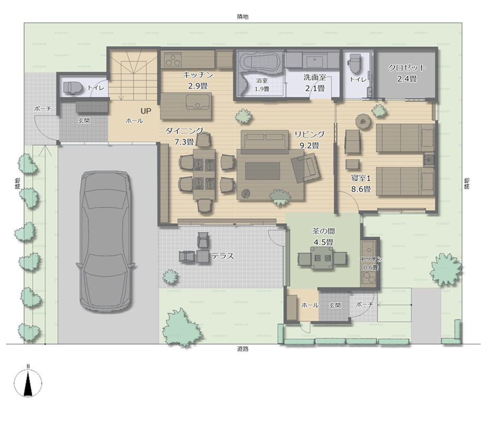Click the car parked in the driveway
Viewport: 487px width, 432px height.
click(x=105, y=241)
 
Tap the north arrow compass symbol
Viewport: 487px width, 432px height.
click(x=28, y=382)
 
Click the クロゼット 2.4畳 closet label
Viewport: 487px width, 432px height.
click(x=407, y=73)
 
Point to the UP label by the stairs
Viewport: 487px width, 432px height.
click(x=145, y=111)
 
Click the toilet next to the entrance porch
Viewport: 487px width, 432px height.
click(x=73, y=87)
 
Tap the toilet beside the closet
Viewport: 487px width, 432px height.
click(x=355, y=63)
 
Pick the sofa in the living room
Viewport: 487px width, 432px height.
click(x=265, y=142)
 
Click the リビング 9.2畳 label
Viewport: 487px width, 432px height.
click(x=309, y=139)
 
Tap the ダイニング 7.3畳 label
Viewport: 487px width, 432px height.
click(x=184, y=136)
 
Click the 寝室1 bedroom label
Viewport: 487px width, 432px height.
click(x=361, y=178)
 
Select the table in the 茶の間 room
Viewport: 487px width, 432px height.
click(x=322, y=258)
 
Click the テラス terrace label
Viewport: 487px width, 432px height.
click(x=222, y=256)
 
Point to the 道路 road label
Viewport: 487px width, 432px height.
click(x=242, y=349)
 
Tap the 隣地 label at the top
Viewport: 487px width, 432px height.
click(x=242, y=17)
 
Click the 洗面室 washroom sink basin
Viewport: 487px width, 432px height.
click(x=314, y=61)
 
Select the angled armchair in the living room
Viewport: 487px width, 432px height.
click(x=306, y=168)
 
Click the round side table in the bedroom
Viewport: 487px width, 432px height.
click(x=363, y=121)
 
